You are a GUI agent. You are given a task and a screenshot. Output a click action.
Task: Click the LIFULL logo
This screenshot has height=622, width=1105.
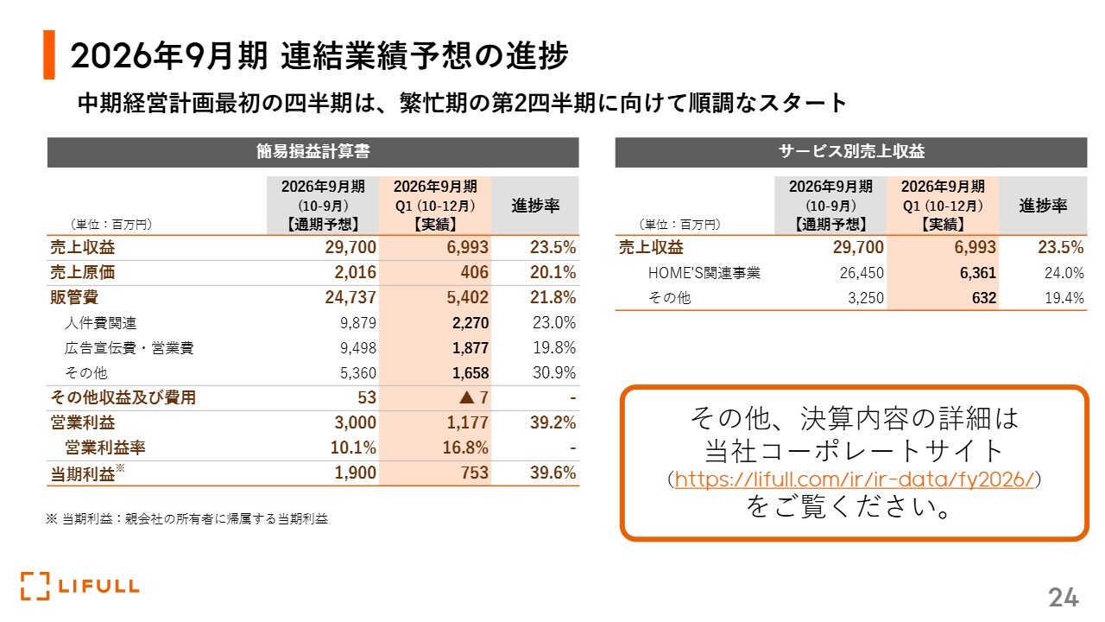[x=79, y=586]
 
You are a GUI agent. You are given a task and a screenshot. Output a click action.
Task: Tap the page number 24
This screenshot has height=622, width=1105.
[x=1064, y=597]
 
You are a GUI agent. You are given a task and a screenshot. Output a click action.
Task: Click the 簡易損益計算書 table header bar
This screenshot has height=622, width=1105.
[x=313, y=152]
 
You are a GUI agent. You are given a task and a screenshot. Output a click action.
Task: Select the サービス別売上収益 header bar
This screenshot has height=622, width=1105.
[x=851, y=152]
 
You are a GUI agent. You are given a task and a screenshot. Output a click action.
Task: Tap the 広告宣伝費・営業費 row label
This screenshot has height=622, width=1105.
[x=129, y=348]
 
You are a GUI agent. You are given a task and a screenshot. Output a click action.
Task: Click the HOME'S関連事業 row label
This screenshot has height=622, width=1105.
[x=704, y=273]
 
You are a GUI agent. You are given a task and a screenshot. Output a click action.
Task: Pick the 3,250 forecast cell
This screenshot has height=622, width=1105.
[x=863, y=298]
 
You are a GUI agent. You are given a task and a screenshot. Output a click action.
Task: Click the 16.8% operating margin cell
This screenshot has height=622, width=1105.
[x=466, y=448]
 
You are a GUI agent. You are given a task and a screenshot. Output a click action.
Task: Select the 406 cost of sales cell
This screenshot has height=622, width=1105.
[x=474, y=273]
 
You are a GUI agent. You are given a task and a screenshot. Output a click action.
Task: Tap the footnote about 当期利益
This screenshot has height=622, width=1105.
[x=186, y=519]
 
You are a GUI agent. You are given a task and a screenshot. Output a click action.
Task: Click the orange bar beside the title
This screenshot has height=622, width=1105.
[x=49, y=55]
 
